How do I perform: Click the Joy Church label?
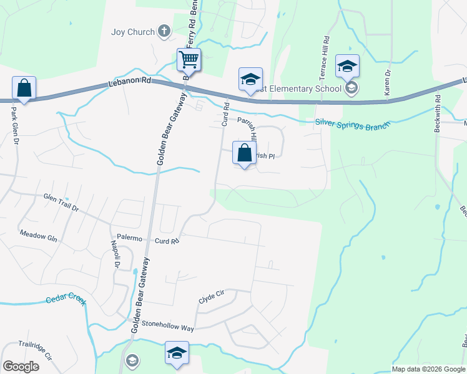point(132,31)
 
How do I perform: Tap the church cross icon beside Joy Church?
point(164,31)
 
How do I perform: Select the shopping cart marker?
point(189,60)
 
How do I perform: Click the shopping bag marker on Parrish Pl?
point(245,153)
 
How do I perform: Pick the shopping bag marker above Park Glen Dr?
point(24,89)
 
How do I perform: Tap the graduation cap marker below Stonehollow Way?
point(177,353)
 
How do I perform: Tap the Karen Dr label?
point(388,82)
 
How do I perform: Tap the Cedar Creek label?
point(66,300)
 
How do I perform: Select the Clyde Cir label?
point(211,299)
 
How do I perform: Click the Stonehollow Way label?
point(167,326)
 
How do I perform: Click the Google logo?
point(21,367)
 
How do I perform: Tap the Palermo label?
point(130,239)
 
